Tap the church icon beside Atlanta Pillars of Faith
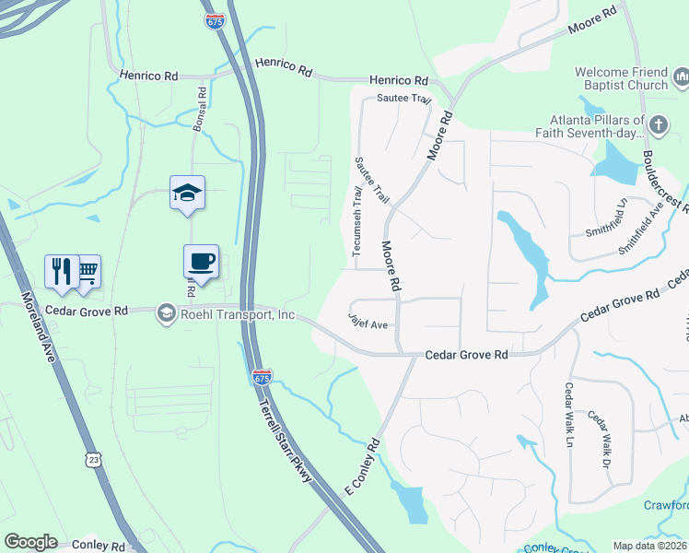pyautogui.click(x=658, y=124)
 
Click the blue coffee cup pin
pyautogui.click(x=201, y=262)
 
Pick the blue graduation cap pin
pyautogui.click(x=187, y=193)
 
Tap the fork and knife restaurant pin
pyautogui.click(x=61, y=271)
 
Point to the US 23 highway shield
pyautogui.click(x=92, y=458)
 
